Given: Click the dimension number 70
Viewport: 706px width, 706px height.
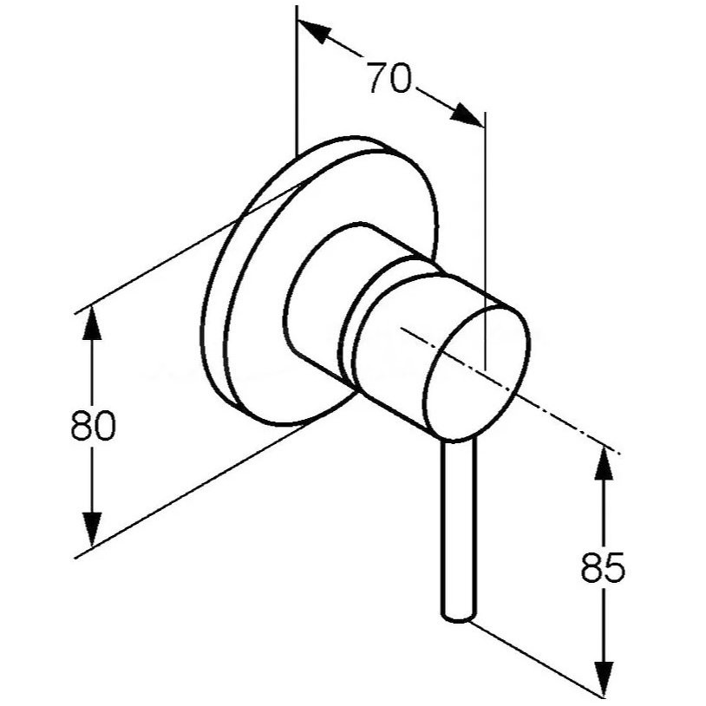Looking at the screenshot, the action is pyautogui.click(x=389, y=77).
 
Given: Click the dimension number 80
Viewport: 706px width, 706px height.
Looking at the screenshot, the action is pyautogui.click(x=93, y=424).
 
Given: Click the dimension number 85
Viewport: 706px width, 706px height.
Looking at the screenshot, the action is pyautogui.click(x=603, y=566).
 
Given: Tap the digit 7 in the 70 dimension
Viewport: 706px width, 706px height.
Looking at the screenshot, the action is pyautogui.click(x=377, y=77).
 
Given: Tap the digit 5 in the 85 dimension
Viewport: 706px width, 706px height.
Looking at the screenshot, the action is pyautogui.click(x=615, y=566).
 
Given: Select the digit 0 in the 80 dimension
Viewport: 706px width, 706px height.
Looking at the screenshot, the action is pyautogui.click(x=105, y=424).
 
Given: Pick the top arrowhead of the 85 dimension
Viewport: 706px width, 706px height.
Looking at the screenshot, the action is pyautogui.click(x=604, y=464).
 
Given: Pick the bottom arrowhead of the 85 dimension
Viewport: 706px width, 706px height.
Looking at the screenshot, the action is pyautogui.click(x=604, y=679).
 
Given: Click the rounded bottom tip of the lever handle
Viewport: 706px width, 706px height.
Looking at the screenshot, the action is pyautogui.click(x=458, y=618).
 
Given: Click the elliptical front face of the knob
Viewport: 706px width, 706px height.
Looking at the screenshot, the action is pyautogui.click(x=476, y=372).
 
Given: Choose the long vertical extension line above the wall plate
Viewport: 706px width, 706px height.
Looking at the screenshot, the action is pyautogui.click(x=297, y=81).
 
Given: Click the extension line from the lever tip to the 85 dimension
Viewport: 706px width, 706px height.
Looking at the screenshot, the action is pyautogui.click(x=536, y=661).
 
